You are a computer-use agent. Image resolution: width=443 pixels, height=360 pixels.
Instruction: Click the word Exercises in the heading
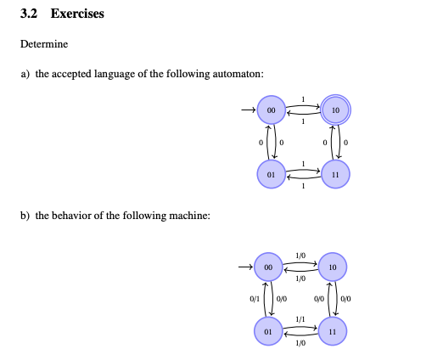pyautogui.click(x=77, y=14)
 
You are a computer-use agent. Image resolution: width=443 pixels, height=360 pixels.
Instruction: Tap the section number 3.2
pyautogui.click(x=31, y=14)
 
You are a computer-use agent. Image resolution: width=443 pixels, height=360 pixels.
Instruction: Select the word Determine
pyautogui.click(x=44, y=44)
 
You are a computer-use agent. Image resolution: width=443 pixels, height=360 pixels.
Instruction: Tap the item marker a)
pyautogui.click(x=25, y=74)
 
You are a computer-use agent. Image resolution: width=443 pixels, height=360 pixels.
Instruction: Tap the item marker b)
pyautogui.click(x=25, y=215)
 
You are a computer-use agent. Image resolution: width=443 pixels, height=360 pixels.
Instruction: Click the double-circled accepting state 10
pyautogui.click(x=336, y=110)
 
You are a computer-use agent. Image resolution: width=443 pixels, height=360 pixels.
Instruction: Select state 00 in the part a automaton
pyautogui.click(x=269, y=110)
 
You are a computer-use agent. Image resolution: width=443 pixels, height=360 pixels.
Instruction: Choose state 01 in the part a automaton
pyautogui.click(x=269, y=174)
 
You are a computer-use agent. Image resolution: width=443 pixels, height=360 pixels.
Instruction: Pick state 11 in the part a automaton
pyautogui.click(x=336, y=174)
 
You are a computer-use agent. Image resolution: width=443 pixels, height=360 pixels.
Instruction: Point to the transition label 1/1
pyautogui.click(x=300, y=319)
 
